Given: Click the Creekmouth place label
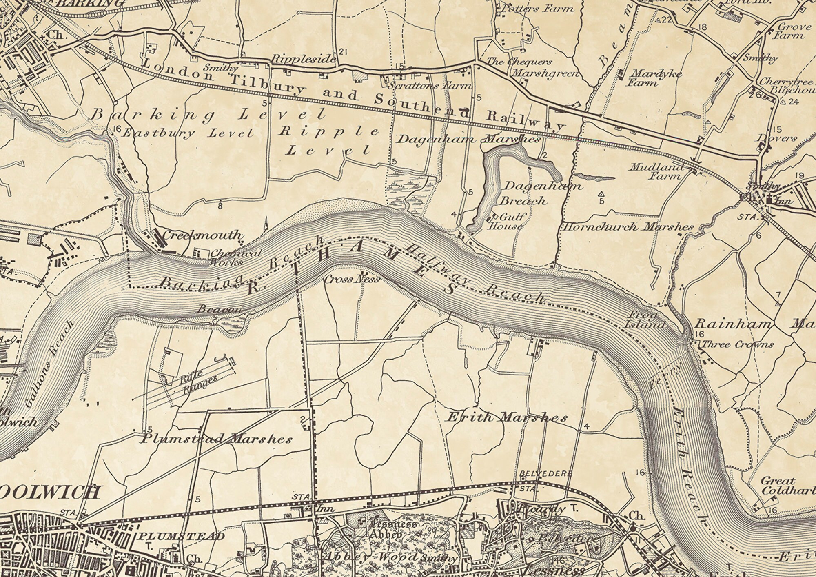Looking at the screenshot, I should (x=202, y=235).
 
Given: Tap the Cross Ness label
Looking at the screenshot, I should (x=352, y=280).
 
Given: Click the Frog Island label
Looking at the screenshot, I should (x=645, y=320).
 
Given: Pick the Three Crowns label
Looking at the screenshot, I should (x=737, y=345).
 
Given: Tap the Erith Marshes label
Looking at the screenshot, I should (x=507, y=417).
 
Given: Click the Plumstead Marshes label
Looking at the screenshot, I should (x=217, y=439).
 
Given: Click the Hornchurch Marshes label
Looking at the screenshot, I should (x=628, y=227).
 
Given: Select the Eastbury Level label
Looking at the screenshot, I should (x=188, y=133).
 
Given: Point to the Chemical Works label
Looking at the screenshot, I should (x=236, y=258).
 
